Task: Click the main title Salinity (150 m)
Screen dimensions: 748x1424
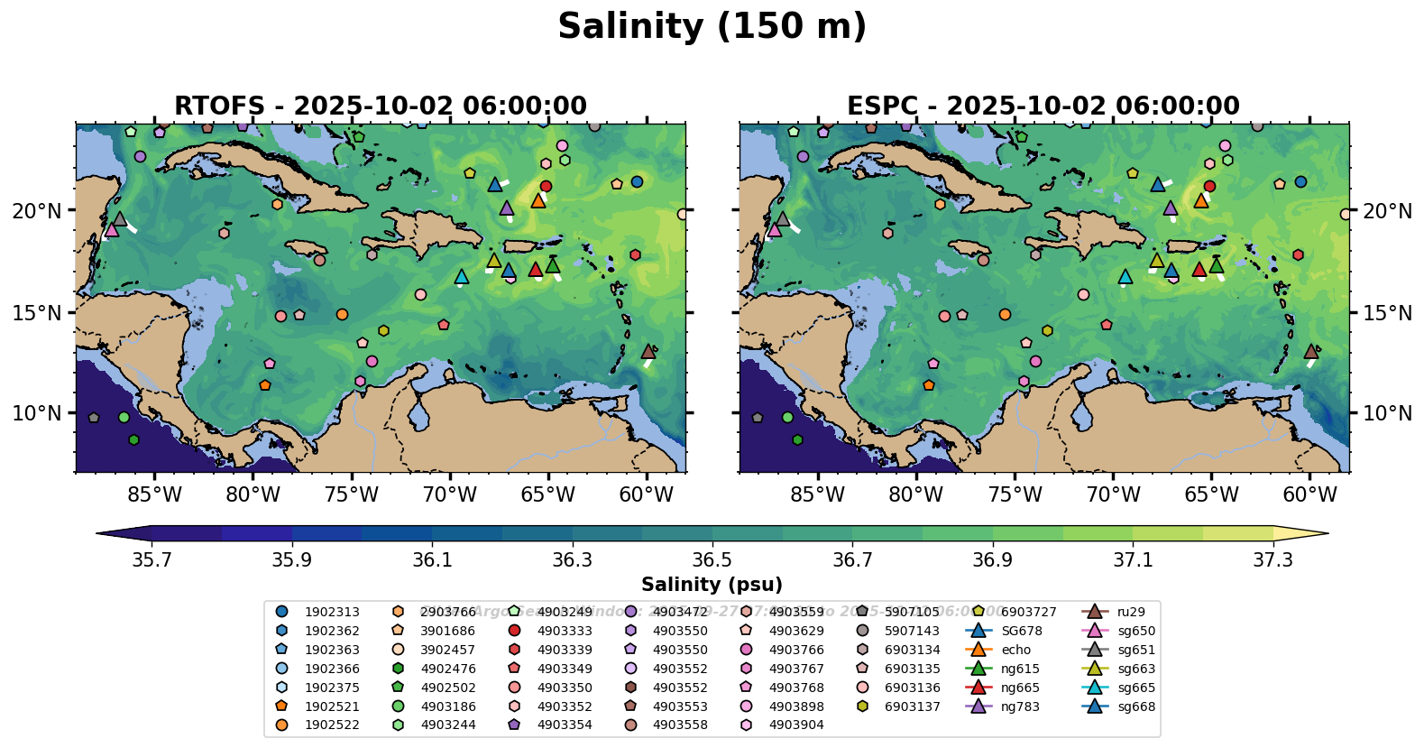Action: point(712,27)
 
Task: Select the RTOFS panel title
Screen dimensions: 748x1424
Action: point(380,106)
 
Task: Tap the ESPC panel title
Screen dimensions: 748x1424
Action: point(1043,106)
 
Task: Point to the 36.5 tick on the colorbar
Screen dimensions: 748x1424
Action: point(712,560)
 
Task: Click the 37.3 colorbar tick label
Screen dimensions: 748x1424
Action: point(1272,560)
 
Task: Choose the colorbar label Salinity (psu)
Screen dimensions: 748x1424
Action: point(712,585)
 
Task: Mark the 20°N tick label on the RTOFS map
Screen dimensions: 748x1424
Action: point(37,211)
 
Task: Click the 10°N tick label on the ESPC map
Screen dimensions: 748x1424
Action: point(1387,413)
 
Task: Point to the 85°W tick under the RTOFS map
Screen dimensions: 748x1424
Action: point(154,494)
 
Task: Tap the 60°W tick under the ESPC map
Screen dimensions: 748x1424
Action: point(1309,494)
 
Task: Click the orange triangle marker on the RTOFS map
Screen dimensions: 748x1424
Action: point(538,200)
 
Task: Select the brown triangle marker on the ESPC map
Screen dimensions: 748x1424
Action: point(1311,352)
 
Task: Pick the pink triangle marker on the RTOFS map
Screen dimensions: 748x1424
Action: point(112,229)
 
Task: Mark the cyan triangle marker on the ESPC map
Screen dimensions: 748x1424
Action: point(1125,277)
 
